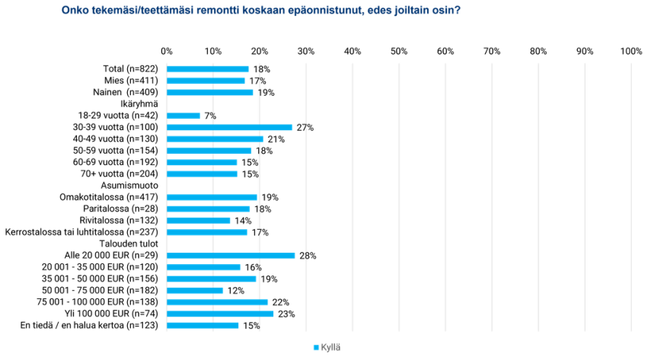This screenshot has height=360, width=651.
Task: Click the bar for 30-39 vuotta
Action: pos(229,127)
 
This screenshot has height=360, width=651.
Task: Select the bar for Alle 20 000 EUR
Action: pos(231,256)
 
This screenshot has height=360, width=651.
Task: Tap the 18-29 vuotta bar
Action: pos(183,116)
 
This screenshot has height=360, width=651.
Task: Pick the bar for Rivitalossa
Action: pos(199,221)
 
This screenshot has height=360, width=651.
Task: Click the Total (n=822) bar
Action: pos(208,69)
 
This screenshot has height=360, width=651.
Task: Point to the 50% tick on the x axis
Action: pos(399,51)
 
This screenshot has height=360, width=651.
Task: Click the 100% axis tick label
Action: pos(631,51)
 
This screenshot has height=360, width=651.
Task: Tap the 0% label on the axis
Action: pos(167,51)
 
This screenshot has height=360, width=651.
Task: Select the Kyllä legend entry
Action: pos(327,348)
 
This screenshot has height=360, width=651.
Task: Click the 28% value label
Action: pos(308,256)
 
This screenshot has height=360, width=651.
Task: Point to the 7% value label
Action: pos(210,116)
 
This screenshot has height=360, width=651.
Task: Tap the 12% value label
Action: pos(236,291)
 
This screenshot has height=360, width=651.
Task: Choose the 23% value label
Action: pos(286,314)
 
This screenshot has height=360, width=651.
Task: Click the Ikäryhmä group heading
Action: pos(139,104)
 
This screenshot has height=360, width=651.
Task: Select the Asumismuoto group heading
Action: pos(129,185)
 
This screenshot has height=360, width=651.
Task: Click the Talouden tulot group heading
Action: pos(129,244)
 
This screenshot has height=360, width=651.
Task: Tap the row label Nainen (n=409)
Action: pos(126,92)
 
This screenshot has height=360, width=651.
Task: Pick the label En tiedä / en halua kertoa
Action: pos(72,325)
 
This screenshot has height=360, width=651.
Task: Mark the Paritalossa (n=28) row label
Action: pos(121,209)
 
